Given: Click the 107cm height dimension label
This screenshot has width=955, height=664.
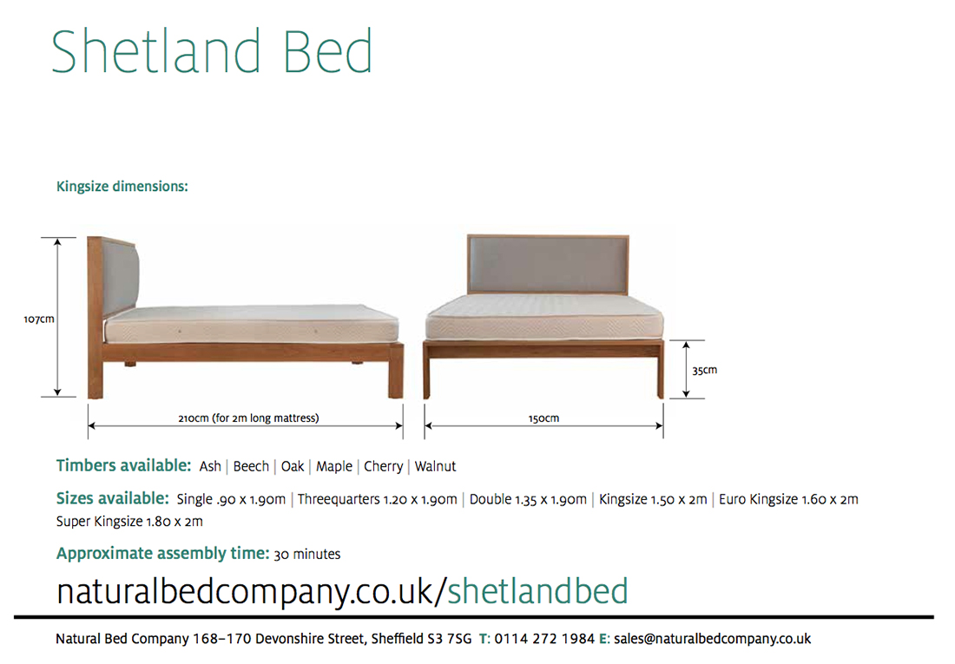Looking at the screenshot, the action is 39,319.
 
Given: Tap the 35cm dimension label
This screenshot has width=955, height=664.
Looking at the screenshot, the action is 705,371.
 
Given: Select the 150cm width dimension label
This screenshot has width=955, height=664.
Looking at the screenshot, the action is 543,418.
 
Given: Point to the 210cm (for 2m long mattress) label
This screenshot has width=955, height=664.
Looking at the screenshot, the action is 248,417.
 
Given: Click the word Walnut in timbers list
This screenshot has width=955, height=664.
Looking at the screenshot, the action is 436,466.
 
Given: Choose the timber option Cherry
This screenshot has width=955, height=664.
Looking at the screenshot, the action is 383,467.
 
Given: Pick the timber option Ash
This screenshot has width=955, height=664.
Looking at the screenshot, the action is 210,466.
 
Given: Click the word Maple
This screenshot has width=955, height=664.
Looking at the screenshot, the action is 333,467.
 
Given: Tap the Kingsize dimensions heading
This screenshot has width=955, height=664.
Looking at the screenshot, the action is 122,187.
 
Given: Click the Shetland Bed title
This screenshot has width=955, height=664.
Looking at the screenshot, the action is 212,51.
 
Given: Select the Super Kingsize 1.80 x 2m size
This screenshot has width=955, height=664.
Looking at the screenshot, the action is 129,522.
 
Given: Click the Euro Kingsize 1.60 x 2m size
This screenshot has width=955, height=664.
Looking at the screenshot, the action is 788,500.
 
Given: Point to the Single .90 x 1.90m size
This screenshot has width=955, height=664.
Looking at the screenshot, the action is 231,500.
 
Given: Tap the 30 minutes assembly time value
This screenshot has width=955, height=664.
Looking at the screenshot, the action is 307,555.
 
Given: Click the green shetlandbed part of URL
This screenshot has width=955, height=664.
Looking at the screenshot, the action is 537,591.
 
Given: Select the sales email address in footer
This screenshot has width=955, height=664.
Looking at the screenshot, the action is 712,639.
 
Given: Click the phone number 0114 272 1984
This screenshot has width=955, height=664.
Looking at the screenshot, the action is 544,639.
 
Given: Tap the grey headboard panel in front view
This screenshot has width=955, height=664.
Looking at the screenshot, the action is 548,265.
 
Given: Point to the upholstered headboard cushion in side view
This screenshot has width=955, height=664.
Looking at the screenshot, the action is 121,277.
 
